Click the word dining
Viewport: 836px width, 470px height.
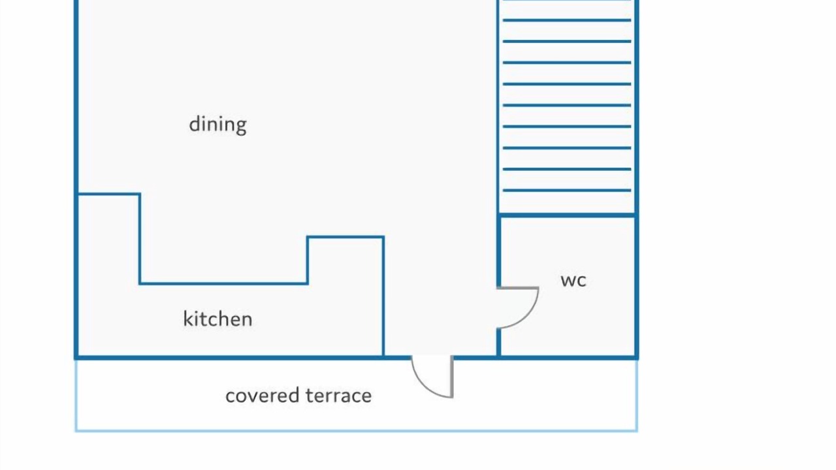click(x=217, y=125)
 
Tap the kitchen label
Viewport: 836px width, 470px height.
click(x=217, y=319)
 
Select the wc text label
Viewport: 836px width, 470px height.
click(x=573, y=281)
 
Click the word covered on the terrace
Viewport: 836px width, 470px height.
click(x=262, y=396)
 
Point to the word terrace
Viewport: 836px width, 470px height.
click(x=338, y=396)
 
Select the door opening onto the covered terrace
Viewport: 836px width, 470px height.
click(x=432, y=377)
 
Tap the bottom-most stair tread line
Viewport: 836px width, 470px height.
click(x=567, y=191)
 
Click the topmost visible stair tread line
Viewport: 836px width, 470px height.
click(x=567, y=20)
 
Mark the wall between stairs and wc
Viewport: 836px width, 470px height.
click(x=567, y=215)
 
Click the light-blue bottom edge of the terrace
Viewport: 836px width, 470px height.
click(x=357, y=431)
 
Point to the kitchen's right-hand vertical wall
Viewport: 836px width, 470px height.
click(x=383, y=296)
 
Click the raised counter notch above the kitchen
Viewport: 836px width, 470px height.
click(x=346, y=260)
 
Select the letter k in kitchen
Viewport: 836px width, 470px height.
click(x=187, y=319)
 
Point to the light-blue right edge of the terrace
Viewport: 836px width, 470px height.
click(x=637, y=396)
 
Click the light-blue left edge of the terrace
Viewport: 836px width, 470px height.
click(x=76, y=396)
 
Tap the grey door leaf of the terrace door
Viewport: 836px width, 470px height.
click(x=451, y=377)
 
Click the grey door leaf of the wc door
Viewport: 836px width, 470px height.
click(x=518, y=288)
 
